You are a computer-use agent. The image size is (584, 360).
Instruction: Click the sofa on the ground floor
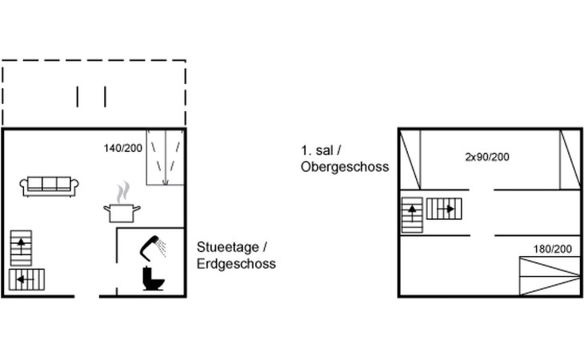pyautogui.click(x=50, y=186)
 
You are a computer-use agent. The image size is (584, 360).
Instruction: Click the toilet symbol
pyautogui.click(x=153, y=279)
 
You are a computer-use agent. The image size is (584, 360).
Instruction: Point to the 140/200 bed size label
pyautogui.click(x=122, y=148)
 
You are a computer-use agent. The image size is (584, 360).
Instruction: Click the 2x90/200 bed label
pyautogui.click(x=486, y=157)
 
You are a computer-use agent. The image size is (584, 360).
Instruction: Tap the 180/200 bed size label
pyautogui.click(x=553, y=250)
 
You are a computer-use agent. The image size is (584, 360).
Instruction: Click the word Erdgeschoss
pyautogui.click(x=236, y=263)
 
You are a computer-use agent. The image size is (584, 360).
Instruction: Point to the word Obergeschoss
pyautogui.click(x=345, y=167)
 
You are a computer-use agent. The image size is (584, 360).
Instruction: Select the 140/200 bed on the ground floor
pyautogui.click(x=165, y=157)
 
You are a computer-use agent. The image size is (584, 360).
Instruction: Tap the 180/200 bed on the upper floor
pyautogui.click(x=549, y=276)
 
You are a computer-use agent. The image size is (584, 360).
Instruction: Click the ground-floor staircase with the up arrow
pyautogui.click(x=21, y=247)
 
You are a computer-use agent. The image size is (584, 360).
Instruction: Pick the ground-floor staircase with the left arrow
pyautogui.click(x=26, y=280)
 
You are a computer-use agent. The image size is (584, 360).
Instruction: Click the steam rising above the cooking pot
pyautogui.click(x=122, y=193)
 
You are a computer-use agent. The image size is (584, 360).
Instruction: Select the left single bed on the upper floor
pyautogui.click(x=410, y=158)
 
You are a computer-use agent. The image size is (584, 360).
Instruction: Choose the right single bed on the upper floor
pyautogui.click(x=570, y=158)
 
